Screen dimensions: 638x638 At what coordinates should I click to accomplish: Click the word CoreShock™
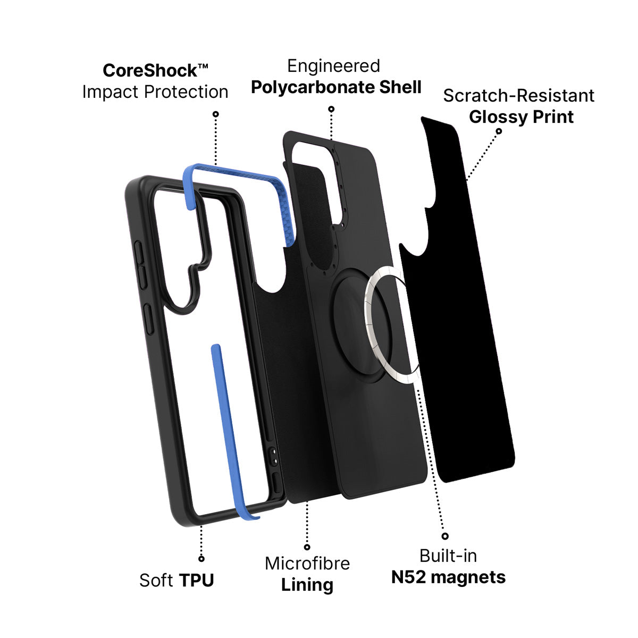point(155,71)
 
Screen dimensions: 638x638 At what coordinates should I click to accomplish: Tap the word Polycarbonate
point(313,88)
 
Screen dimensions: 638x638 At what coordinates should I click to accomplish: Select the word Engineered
point(333,66)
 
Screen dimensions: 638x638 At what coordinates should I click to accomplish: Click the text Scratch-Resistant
point(518,96)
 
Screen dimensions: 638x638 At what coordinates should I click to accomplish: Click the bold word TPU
point(196,581)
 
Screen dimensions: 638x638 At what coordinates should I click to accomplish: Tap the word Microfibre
point(307,563)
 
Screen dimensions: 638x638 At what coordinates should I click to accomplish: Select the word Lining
point(307,585)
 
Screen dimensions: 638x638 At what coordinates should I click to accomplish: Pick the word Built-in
point(448,556)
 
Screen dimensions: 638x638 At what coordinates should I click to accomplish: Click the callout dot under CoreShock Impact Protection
point(215,114)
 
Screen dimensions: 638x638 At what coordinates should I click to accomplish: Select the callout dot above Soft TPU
point(202,559)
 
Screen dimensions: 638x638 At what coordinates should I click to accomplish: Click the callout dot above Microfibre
point(307,547)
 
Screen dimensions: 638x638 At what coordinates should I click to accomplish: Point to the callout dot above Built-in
point(445,536)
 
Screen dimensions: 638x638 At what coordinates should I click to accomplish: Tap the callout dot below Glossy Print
point(499,131)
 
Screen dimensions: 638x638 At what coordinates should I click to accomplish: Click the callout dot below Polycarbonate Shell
point(331,109)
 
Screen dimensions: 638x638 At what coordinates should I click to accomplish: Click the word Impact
point(110,91)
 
